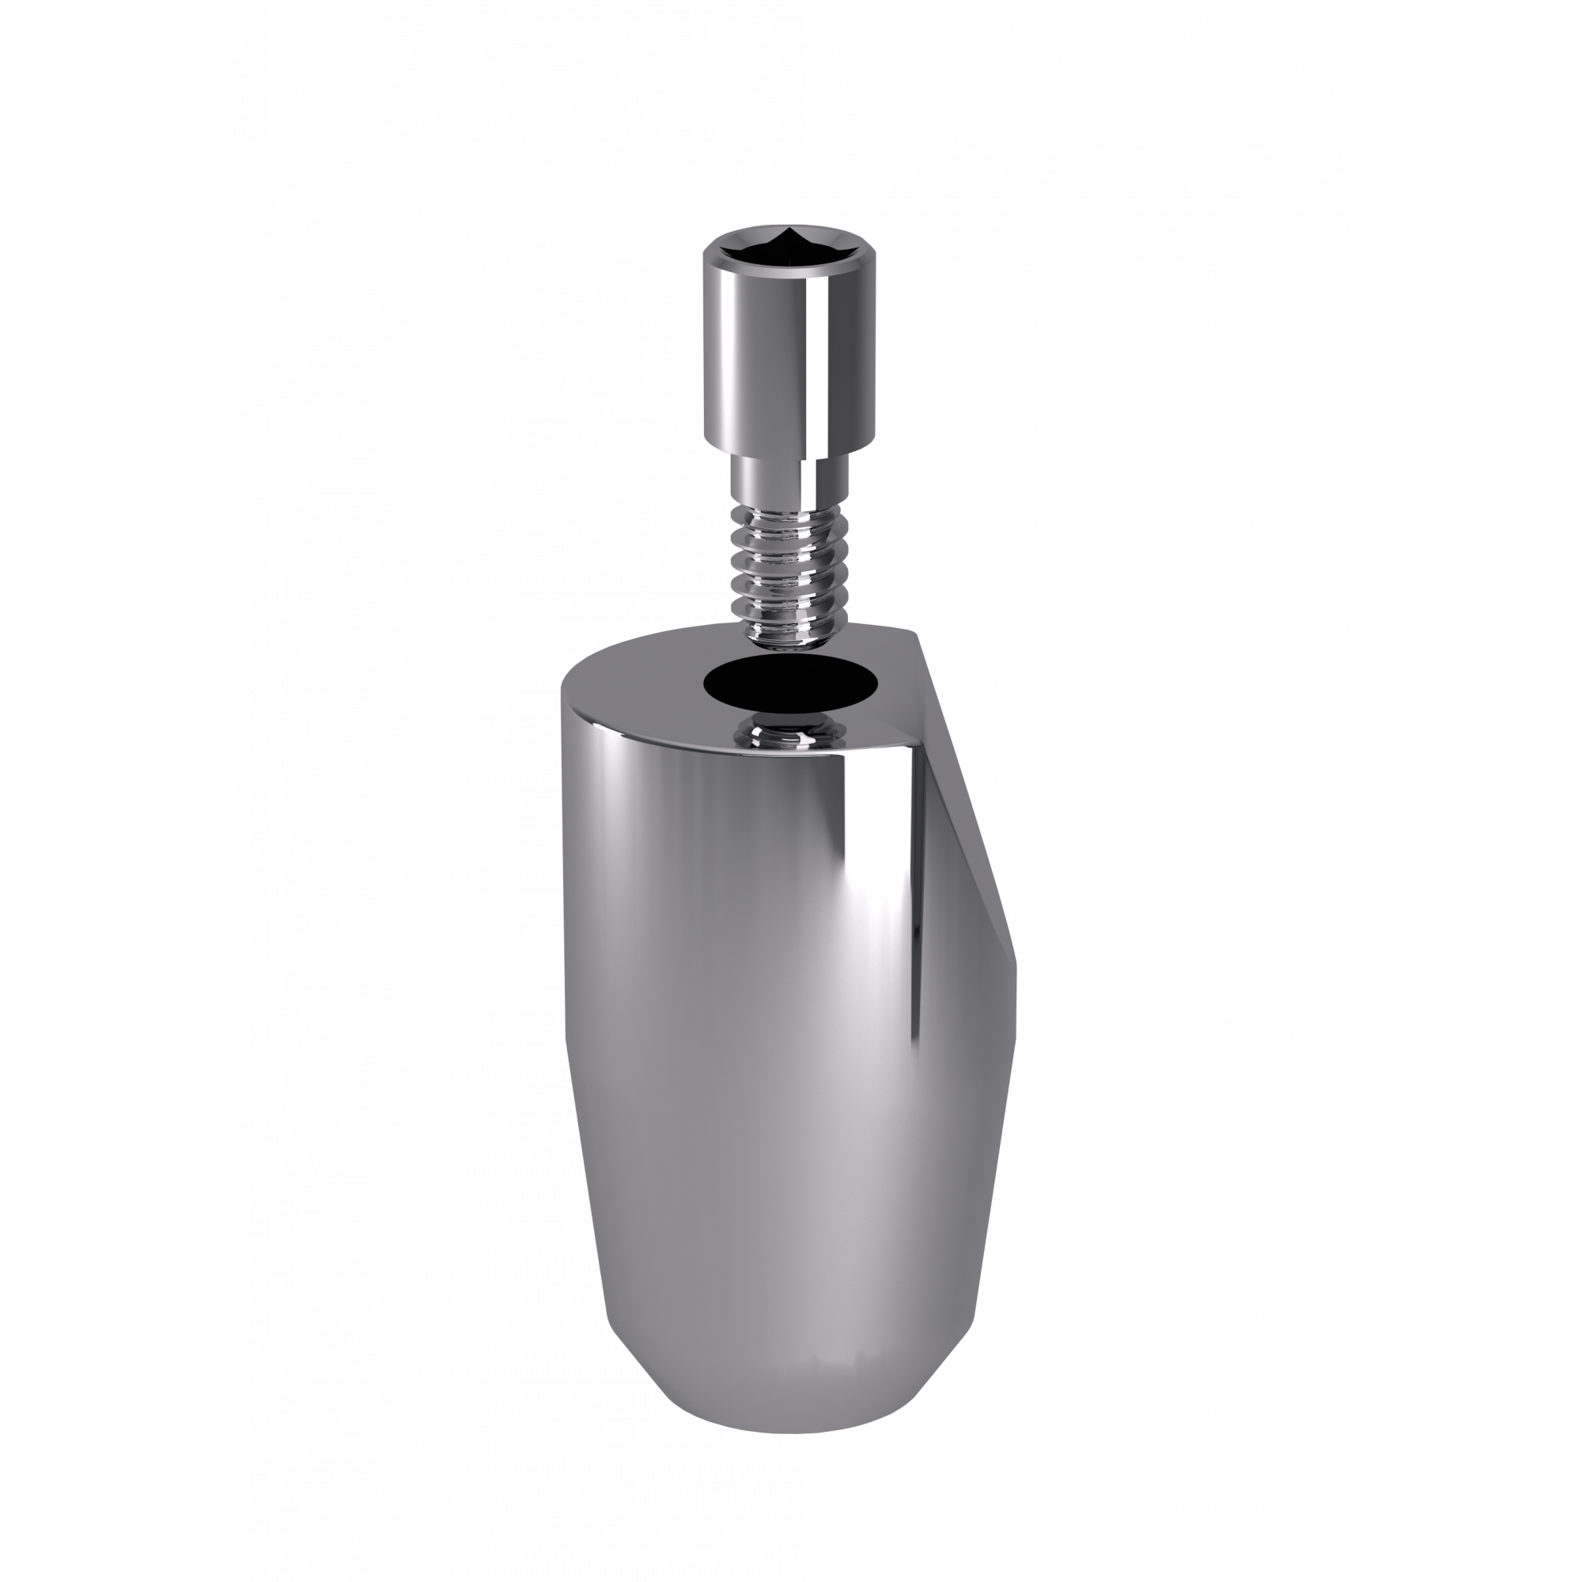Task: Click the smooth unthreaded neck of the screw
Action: [x=786, y=483]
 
